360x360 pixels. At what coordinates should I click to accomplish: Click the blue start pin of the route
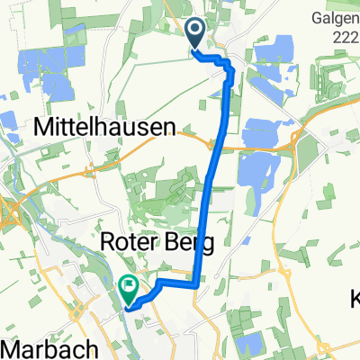click(196, 34)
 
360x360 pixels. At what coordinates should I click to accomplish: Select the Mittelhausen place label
click(106, 129)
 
